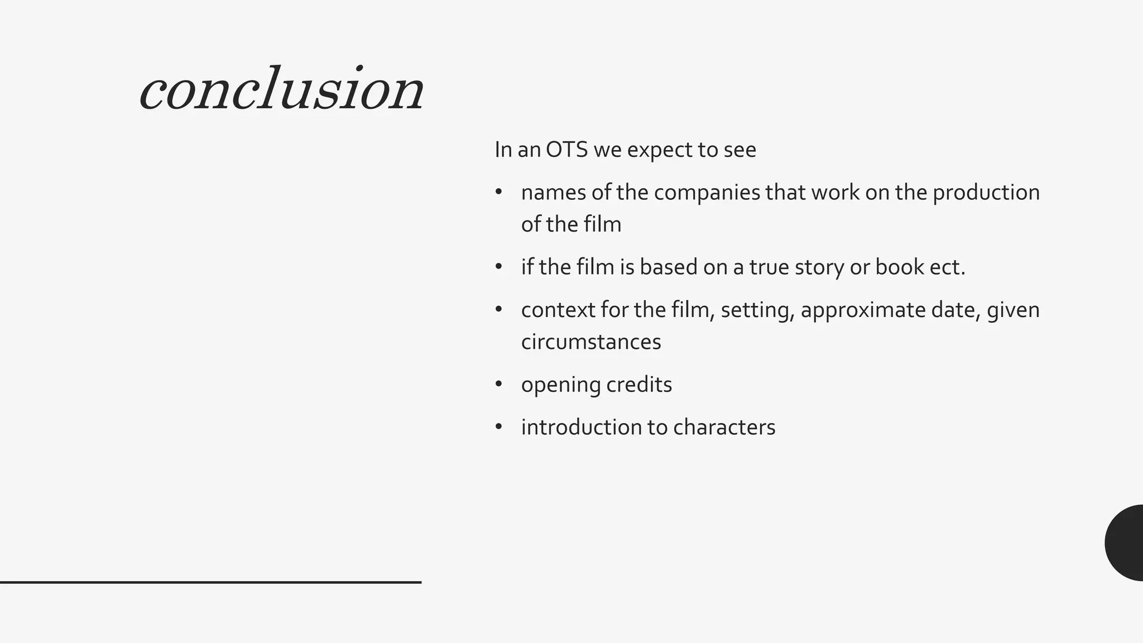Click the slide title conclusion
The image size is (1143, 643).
[x=282, y=89]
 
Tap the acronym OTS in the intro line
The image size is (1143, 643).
[x=566, y=150]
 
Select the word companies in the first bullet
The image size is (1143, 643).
[x=707, y=193]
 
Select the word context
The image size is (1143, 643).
[x=558, y=310]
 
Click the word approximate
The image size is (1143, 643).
[x=863, y=310]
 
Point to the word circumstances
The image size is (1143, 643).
[x=591, y=342]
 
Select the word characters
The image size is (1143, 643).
[x=724, y=428]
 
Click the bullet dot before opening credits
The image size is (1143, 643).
[x=499, y=385]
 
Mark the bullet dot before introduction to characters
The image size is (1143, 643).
[x=499, y=427]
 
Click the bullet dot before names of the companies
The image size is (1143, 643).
[x=499, y=193]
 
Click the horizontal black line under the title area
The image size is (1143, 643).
[x=210, y=582]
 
